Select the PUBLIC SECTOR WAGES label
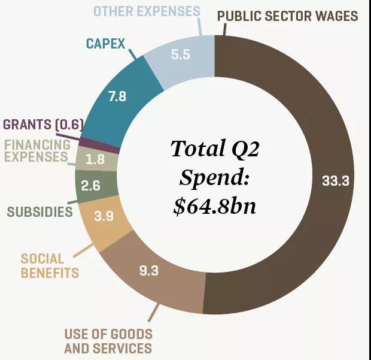(287, 16)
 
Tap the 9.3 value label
(149, 271)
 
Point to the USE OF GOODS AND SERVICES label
(108, 341)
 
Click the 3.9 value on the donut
(104, 217)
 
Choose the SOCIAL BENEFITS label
(50, 266)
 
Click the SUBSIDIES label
(40, 211)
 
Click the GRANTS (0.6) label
(42, 125)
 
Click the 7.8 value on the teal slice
(117, 96)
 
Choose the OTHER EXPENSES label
(147, 11)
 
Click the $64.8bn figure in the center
(214, 205)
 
